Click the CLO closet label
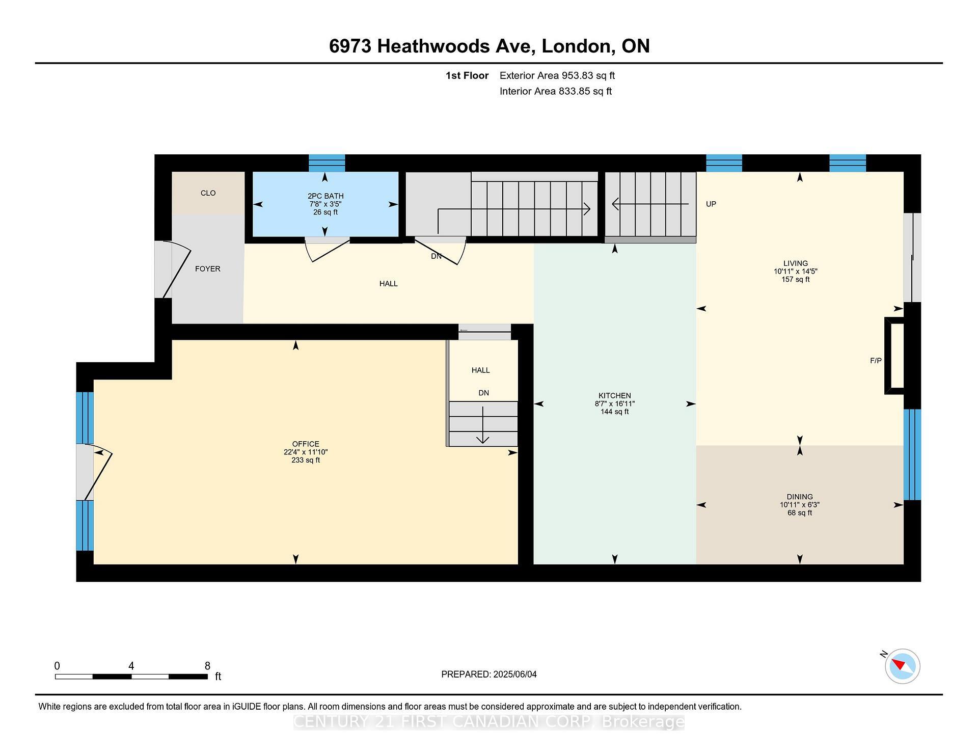tap(208, 193)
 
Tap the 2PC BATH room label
tap(325, 196)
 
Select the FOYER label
tap(207, 269)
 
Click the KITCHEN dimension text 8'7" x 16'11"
tap(614, 403)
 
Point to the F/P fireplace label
tap(876, 361)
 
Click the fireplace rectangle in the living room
tap(895, 356)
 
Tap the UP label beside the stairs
tap(711, 204)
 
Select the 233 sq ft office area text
tap(306, 460)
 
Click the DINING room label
tap(799, 497)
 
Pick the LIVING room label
tap(795, 263)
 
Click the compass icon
tap(902, 666)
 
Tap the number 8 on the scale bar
tap(207, 666)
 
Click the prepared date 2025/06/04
tap(514, 674)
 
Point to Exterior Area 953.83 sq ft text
tap(557, 75)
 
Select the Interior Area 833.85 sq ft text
tap(555, 91)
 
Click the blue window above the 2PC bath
tap(327, 163)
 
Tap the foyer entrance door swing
tap(176, 270)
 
